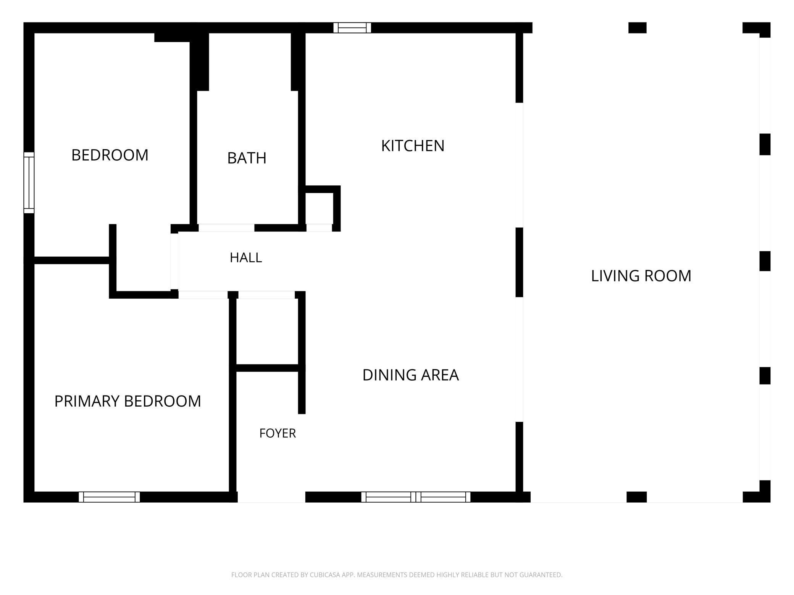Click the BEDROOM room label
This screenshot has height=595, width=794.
point(110,155)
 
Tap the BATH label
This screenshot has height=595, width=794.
point(247,158)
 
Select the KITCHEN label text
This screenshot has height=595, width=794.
point(413,146)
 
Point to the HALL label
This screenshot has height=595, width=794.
point(246,258)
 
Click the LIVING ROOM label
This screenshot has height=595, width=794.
point(641,276)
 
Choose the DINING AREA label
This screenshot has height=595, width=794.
point(410,375)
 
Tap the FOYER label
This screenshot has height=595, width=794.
point(278,433)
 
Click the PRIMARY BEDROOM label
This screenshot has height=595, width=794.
point(127,401)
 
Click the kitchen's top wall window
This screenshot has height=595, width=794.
point(352,28)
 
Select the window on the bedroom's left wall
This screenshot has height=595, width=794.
point(29,183)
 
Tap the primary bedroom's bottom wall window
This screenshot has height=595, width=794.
point(110,497)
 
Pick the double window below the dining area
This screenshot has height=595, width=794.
point(416,497)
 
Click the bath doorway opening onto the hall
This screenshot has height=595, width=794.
point(226,228)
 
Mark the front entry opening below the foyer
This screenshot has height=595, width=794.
point(271,497)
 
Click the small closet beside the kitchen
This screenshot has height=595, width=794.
point(319,209)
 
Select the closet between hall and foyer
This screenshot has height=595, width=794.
point(267,331)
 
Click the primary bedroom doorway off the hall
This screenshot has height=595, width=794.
point(203,295)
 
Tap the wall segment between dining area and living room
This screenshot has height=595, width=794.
point(519,262)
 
